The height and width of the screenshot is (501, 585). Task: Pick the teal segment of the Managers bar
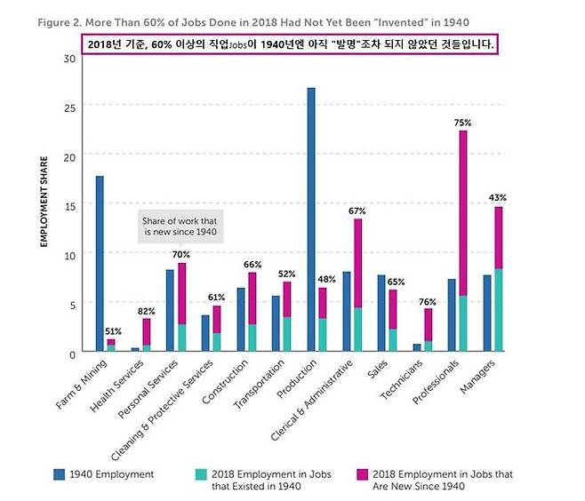click(x=499, y=310)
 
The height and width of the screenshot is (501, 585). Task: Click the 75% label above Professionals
click(x=462, y=123)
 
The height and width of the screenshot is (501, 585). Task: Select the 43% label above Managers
click(x=499, y=198)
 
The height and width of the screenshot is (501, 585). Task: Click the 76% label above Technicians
click(x=428, y=300)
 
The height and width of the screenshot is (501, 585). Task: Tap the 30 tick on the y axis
click(x=68, y=59)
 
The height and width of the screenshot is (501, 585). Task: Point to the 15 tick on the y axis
click(x=68, y=205)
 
